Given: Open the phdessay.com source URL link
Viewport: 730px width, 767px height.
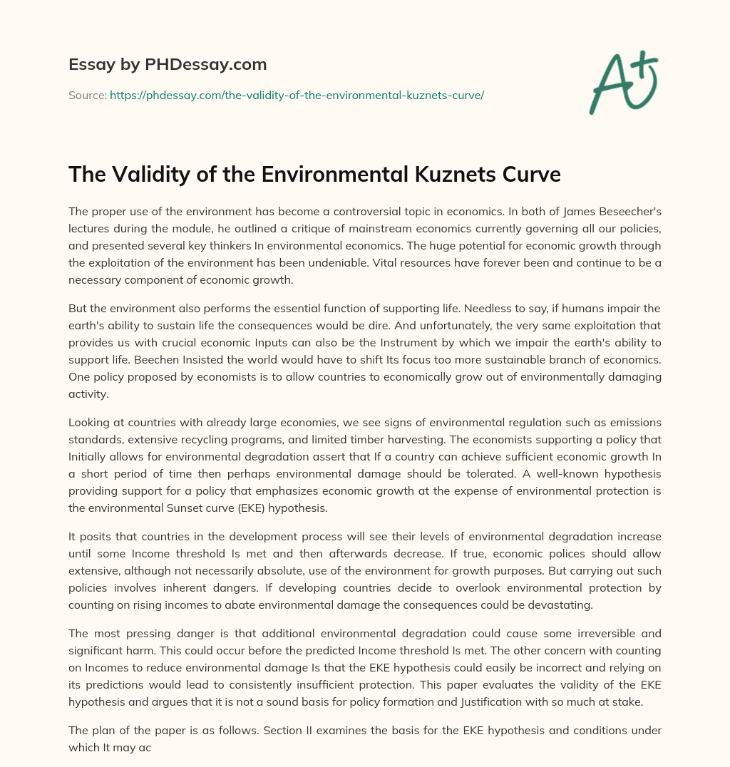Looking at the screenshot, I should pyautogui.click(x=297, y=95).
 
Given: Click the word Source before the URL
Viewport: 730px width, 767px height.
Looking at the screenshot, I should pyautogui.click(x=87, y=95).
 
